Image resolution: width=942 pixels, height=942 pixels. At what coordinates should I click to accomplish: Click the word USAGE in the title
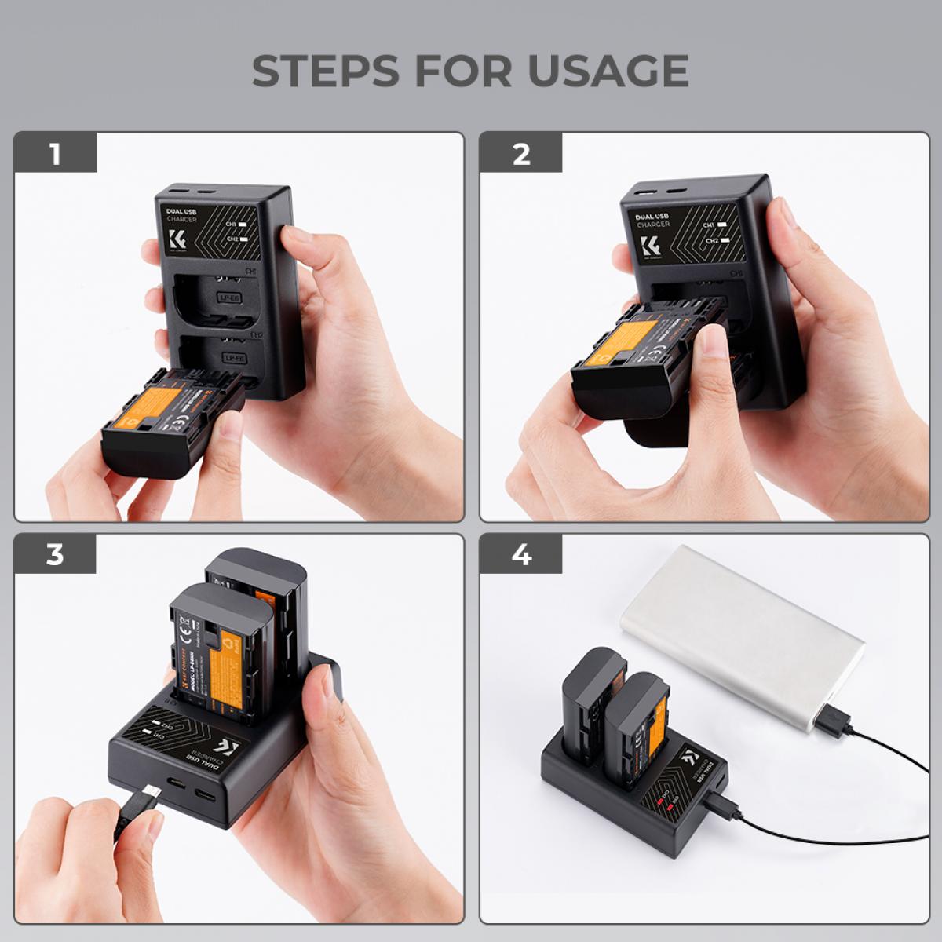[608, 71]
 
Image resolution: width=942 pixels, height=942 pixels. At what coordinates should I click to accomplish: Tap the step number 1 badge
[55, 153]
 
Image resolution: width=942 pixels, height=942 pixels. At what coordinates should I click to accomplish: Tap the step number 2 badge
[521, 153]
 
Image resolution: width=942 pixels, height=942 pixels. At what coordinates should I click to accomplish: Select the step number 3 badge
[55, 554]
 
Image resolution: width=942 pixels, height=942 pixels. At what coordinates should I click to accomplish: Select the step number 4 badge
[521, 554]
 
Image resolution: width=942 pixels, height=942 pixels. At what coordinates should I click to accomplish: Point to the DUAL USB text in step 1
[181, 212]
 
